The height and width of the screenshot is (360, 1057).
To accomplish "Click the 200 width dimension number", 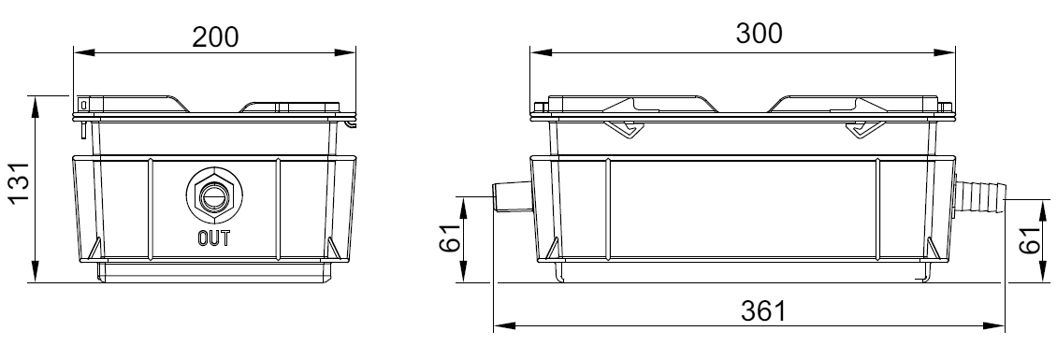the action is [215, 36].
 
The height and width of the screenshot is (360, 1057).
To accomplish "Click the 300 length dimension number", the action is [760, 33].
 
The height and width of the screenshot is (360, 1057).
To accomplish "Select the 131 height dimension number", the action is [18, 181].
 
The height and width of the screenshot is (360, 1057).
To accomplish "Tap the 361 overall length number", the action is [763, 311].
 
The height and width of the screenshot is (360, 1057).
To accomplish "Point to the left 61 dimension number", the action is [451, 237].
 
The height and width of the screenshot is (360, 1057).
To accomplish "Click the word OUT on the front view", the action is [213, 238].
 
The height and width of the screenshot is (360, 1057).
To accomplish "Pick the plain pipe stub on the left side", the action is [512, 196].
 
